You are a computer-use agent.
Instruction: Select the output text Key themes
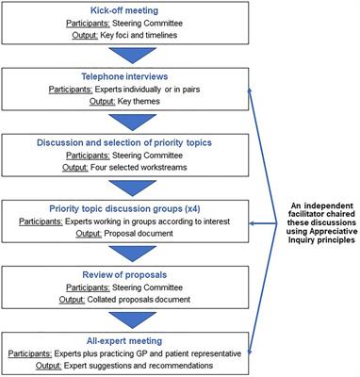pyautogui.click(x=106, y=98)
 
